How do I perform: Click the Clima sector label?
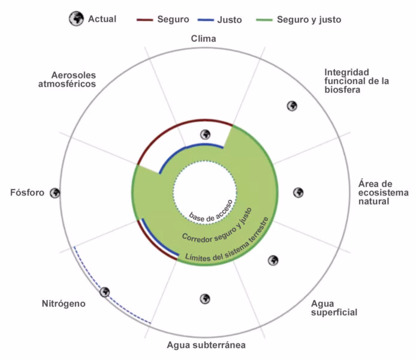[x=203, y=39]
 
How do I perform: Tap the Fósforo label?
[x=28, y=193]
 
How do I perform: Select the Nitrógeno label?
[x=64, y=304]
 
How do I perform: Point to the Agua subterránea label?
[x=206, y=345]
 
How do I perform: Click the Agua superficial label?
[x=334, y=308]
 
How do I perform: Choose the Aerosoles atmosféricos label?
[x=67, y=79]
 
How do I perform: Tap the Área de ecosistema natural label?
[x=384, y=193]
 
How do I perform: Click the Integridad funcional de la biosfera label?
[x=357, y=81]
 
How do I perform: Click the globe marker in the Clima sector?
[x=206, y=134]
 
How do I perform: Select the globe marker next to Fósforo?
[x=55, y=193]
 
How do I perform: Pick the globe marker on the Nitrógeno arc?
[x=105, y=292]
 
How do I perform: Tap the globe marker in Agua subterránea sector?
[x=205, y=299]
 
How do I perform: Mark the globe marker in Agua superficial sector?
[x=273, y=260]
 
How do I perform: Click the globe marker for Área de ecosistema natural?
[x=298, y=193]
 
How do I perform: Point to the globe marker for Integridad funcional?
[x=292, y=106]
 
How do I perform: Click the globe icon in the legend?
[x=76, y=19]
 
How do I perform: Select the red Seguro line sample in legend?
[x=144, y=20]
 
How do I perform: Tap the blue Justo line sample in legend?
[x=206, y=20]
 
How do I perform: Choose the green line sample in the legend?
[x=264, y=20]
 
